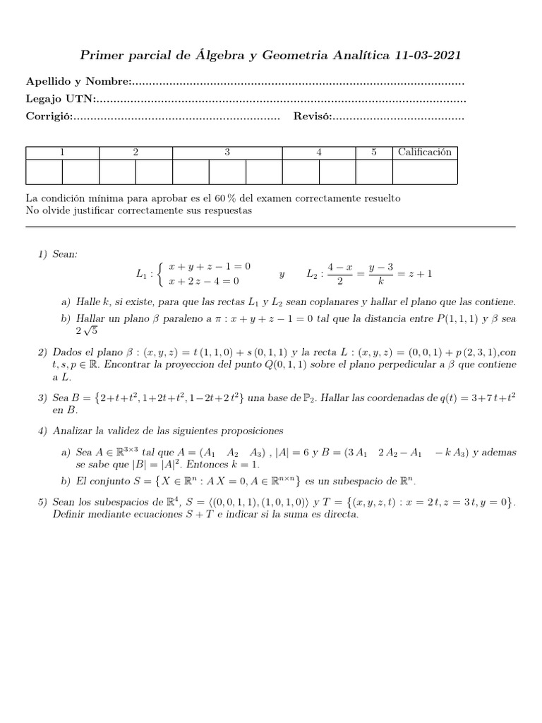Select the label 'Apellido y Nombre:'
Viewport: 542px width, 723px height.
coord(78,83)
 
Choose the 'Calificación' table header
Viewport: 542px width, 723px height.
coord(424,153)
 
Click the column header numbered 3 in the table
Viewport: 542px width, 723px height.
coord(227,153)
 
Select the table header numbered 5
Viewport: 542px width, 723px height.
coord(374,153)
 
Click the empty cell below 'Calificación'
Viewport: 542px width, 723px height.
coord(424,172)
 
